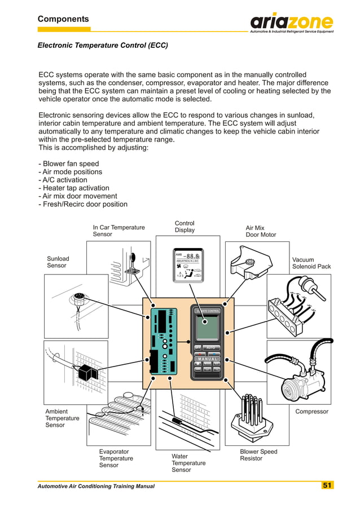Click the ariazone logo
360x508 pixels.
click(291, 23)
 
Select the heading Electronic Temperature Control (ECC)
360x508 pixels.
click(103, 45)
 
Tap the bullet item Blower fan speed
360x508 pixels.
click(68, 164)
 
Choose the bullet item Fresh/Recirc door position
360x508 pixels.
click(82, 204)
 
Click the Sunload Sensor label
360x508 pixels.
click(58, 262)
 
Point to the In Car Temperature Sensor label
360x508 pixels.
click(118, 231)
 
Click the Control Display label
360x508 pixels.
click(185, 227)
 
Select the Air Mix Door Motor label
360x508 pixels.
click(261, 231)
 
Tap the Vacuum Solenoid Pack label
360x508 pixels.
click(311, 263)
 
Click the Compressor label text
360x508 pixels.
click(311, 412)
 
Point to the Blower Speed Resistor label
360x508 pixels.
click(258, 455)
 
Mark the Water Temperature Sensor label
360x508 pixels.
click(188, 463)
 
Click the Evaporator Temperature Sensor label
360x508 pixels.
click(116, 458)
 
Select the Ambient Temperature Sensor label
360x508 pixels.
click(62, 418)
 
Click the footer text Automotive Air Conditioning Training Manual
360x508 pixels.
click(96, 486)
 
